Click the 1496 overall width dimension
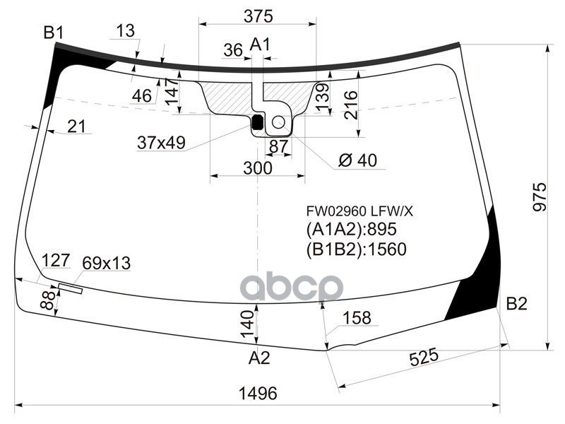(257, 394)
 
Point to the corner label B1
(54, 33)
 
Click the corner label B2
(516, 304)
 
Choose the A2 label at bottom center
(259, 358)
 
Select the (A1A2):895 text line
(352, 230)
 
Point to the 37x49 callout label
(161, 143)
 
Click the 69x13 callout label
(107, 264)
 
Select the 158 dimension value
(357, 318)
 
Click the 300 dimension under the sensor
(257, 168)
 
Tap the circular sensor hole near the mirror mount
(278, 123)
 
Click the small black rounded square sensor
(258, 124)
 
